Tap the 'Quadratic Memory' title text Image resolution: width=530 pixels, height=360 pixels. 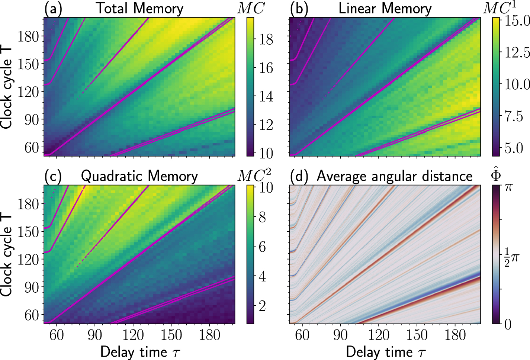(139, 176)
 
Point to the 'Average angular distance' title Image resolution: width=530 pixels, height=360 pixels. (394, 176)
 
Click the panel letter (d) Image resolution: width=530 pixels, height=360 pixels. (299, 176)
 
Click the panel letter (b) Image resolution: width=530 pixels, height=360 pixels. (299, 9)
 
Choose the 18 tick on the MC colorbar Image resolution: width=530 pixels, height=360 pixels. (266, 39)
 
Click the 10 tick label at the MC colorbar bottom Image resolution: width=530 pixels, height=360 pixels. (266, 153)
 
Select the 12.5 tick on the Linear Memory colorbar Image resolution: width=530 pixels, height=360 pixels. (517, 52)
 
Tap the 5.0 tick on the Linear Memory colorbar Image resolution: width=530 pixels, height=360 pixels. (514, 148)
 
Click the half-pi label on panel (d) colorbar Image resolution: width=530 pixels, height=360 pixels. (511, 257)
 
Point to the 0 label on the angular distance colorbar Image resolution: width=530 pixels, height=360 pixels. (508, 324)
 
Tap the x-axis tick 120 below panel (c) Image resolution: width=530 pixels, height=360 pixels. (133, 335)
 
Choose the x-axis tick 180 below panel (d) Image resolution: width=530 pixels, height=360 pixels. (455, 335)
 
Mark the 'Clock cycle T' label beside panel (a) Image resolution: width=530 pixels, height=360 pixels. (7, 87)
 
